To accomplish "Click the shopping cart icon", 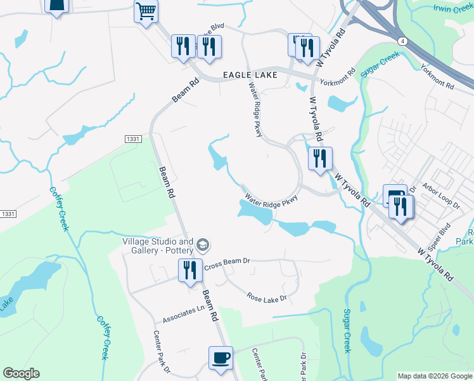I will coord(146,11).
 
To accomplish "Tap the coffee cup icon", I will coord(221,358).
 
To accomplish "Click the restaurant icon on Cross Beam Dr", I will coord(189,271).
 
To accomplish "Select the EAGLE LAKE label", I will coord(250,75).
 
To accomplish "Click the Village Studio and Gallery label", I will coord(158,246).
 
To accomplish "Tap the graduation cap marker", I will coord(203,244).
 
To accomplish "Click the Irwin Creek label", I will coord(453,8).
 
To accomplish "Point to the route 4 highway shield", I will coord(402,40).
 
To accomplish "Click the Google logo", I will coord(21,373).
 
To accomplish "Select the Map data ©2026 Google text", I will coord(435,376).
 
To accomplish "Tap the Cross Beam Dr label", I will coord(228,261).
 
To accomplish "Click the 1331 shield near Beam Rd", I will coord(132,138).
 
